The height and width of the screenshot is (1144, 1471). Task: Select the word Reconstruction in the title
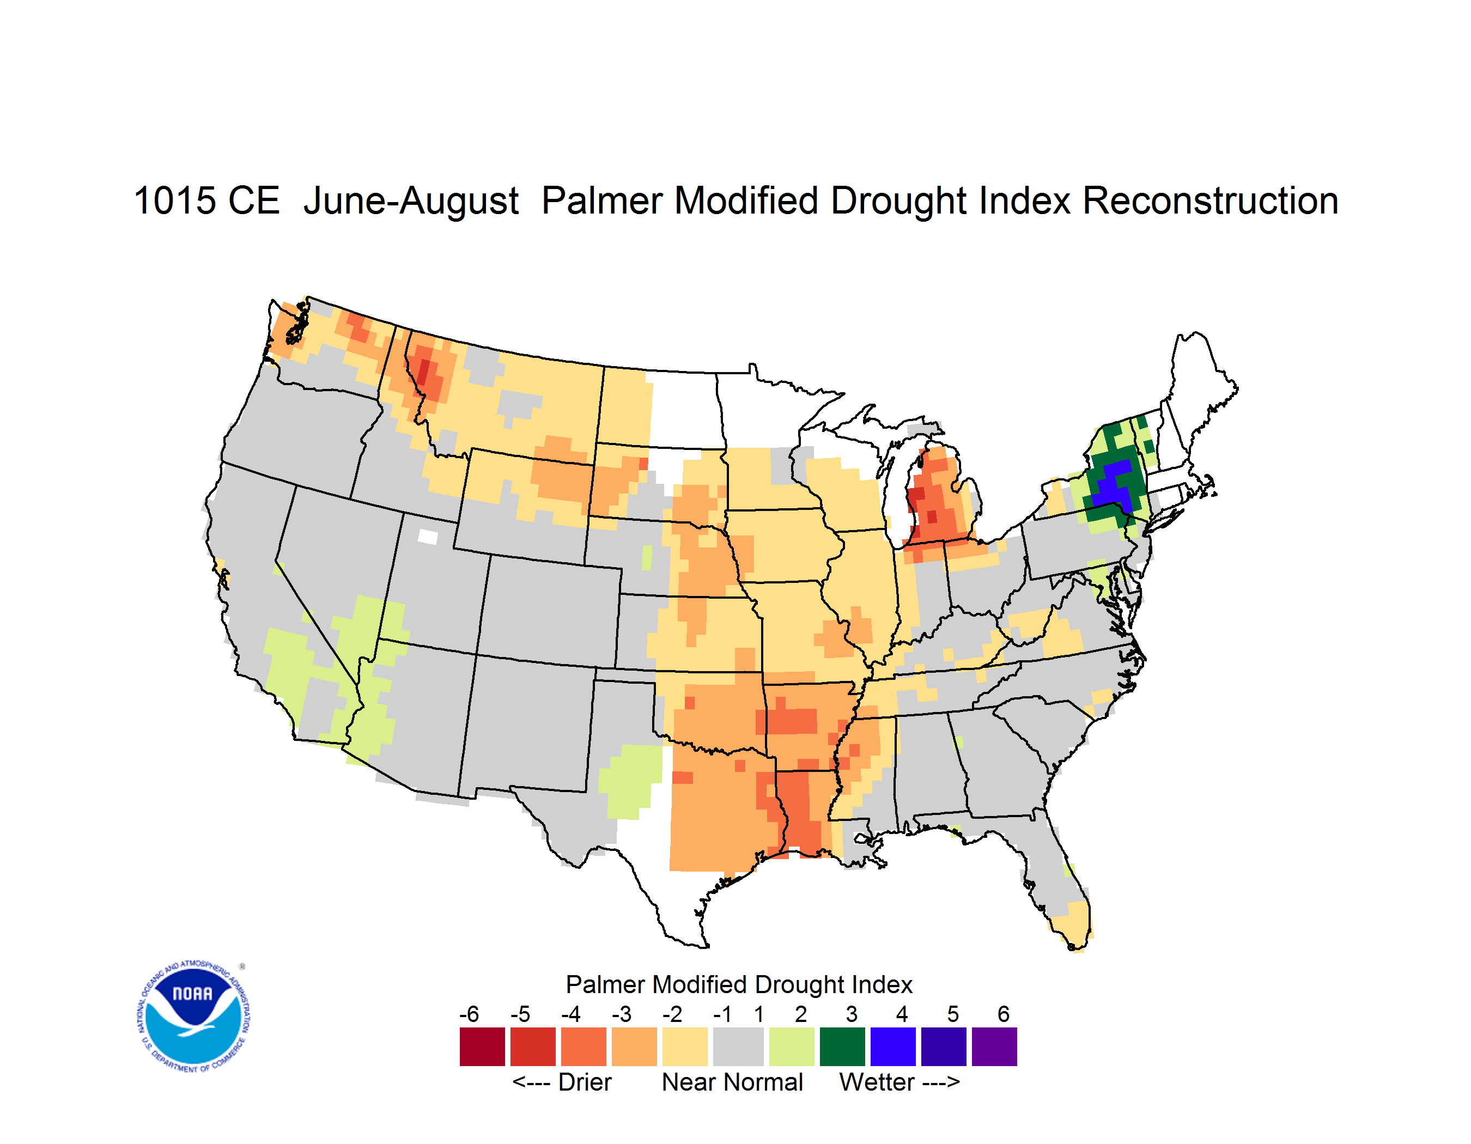[1209, 200]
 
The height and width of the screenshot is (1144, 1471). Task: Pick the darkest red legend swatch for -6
[482, 1046]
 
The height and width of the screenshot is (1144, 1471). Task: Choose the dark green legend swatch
[842, 1046]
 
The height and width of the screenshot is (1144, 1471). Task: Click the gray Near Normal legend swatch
[738, 1046]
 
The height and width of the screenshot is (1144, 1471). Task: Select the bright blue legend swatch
[893, 1046]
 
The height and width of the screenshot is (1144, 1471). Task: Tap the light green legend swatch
[792, 1046]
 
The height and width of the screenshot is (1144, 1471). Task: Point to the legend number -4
[570, 1014]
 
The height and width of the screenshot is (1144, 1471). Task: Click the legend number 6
[1004, 1014]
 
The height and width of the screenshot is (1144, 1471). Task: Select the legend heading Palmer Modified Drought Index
[739, 984]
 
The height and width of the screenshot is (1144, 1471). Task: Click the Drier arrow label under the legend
[562, 1082]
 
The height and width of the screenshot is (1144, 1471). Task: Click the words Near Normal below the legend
[732, 1082]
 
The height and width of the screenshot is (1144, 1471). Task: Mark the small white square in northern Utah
[428, 537]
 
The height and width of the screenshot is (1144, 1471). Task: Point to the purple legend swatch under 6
[994, 1046]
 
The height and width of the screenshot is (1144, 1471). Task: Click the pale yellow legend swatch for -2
[685, 1046]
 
